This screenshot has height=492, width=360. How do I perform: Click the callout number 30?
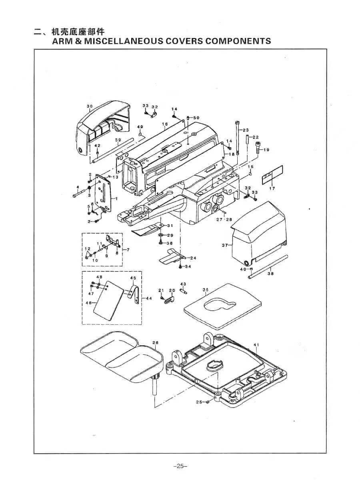pyautogui.click(x=90, y=106)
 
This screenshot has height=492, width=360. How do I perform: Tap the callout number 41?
pyautogui.click(x=256, y=344)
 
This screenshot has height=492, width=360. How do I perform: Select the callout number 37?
pyautogui.click(x=224, y=245)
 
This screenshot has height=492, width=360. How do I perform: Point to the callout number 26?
pyautogui.click(x=156, y=342)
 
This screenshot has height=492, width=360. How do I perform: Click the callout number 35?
pyautogui.click(x=206, y=290)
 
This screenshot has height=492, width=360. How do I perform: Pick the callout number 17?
pyautogui.click(x=272, y=188)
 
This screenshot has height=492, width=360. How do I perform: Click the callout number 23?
pyautogui.click(x=246, y=130)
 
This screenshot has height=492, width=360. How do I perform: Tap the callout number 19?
pyautogui.click(x=266, y=150)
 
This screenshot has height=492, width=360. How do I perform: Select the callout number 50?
pyautogui.click(x=196, y=118)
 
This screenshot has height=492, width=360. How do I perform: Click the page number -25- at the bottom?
pyautogui.click(x=180, y=466)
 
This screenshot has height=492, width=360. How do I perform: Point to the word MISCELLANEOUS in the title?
pyautogui.click(x=106, y=41)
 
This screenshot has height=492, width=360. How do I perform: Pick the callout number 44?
pyautogui.click(x=149, y=298)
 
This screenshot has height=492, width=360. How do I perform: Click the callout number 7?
pyautogui.click(x=128, y=250)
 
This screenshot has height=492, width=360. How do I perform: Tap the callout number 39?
pyautogui.click(x=118, y=140)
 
